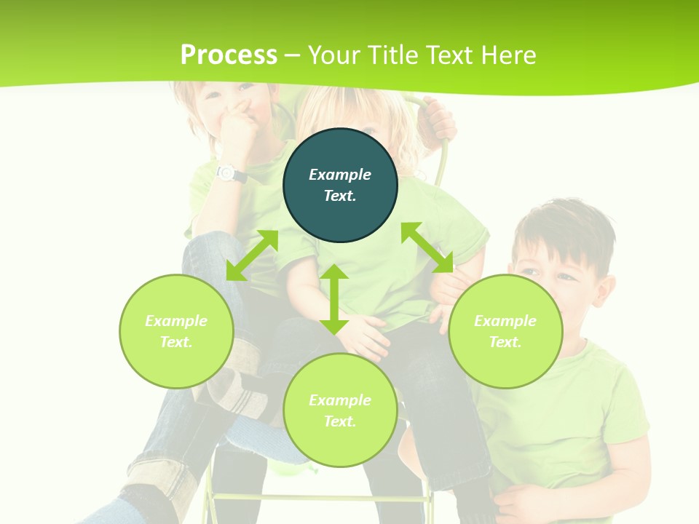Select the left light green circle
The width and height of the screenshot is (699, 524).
coord(176,331)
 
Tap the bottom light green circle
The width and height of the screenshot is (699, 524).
coord(340,410)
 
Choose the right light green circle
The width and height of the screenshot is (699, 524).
coord(505,331)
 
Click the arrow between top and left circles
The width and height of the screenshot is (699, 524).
coord(252,255)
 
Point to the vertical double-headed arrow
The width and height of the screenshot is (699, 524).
coord(334,299)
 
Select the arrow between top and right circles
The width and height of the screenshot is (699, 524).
coord(427,247)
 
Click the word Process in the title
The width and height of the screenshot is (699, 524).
coord(229,55)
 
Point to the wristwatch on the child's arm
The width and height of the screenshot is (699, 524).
coord(227,173)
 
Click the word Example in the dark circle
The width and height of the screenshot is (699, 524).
coord(340,175)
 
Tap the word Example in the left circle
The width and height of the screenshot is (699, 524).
coord(176,321)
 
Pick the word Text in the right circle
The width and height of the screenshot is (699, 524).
coord(505,342)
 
